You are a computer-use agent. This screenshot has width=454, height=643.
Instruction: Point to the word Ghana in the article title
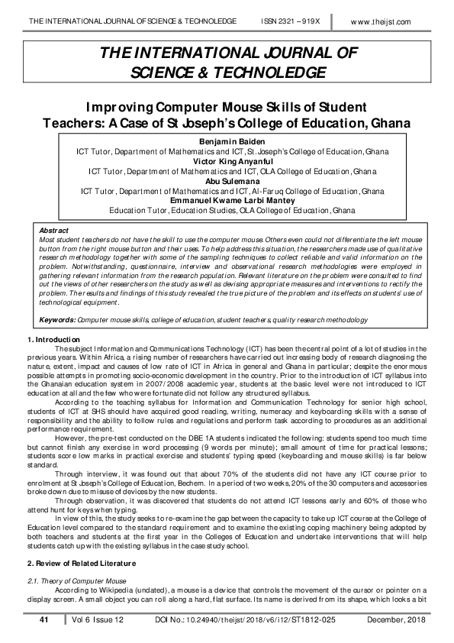click(385, 122)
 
